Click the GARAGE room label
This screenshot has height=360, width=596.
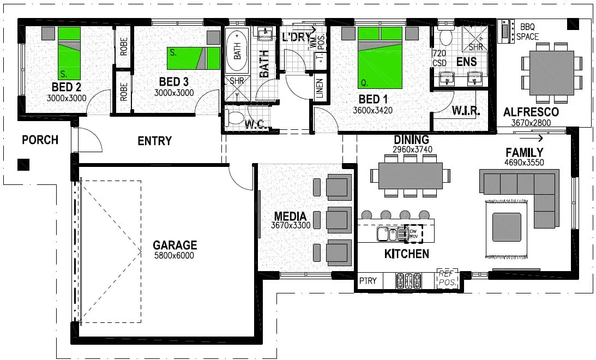pyautogui.click(x=174, y=245)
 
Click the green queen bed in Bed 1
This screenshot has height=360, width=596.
pyautogui.click(x=380, y=57)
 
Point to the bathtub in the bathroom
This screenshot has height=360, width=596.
pyautogui.click(x=237, y=50)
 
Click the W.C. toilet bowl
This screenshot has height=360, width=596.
pyautogui.click(x=235, y=118)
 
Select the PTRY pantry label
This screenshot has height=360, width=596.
pyautogui.click(x=368, y=281)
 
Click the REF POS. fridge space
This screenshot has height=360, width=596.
pyautogui.click(x=447, y=279)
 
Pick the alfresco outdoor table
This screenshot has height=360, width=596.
pyautogui.click(x=550, y=73)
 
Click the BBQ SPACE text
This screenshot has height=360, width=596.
pyautogui.click(x=528, y=32)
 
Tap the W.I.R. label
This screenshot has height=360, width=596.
pyautogui.click(x=466, y=111)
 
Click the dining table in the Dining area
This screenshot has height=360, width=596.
pyautogui.click(x=411, y=176)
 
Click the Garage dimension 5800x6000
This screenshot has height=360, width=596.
pyautogui.click(x=174, y=255)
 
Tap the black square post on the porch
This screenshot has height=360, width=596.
pyautogui.click(x=23, y=164)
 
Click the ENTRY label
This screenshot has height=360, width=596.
pyautogui.click(x=154, y=141)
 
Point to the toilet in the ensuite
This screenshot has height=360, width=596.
pyautogui.click(x=446, y=38)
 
